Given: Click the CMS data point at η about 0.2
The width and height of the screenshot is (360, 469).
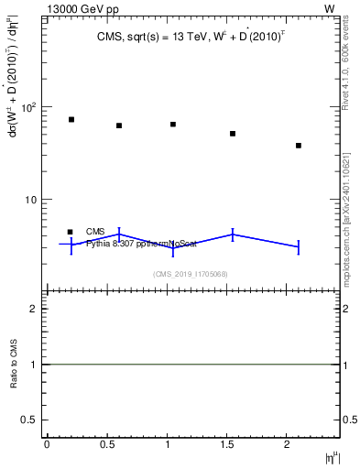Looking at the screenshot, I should coord(71,119).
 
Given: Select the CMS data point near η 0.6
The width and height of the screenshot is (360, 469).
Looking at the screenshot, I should coord(119,125).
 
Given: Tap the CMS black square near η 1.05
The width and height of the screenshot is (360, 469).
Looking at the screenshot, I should coord(173,124).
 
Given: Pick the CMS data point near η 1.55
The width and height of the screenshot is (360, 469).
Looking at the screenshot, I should coord(233,134).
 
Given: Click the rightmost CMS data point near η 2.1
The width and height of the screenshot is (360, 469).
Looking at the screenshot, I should coord(299,146).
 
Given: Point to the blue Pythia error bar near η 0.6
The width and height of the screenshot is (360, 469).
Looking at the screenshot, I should coord(119,234).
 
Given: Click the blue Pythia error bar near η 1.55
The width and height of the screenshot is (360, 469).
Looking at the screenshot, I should coord(233,234).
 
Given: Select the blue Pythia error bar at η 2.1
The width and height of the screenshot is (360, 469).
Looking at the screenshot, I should coord(299,247).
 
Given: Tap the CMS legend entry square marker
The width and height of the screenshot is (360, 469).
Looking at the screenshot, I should coord(71,232).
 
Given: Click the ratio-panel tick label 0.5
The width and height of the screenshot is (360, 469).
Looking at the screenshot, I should coord(30,420).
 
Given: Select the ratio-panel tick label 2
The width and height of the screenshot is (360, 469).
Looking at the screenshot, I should coord(35,309).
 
